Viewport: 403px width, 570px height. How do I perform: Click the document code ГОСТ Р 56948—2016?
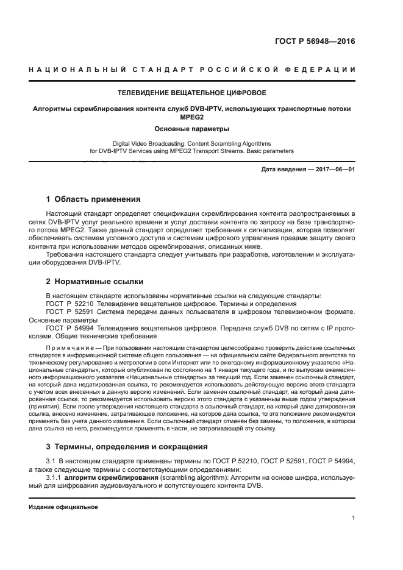[315, 42]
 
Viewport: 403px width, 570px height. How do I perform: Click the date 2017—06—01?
[334, 169]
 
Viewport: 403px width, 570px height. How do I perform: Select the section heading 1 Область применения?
[94, 199]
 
